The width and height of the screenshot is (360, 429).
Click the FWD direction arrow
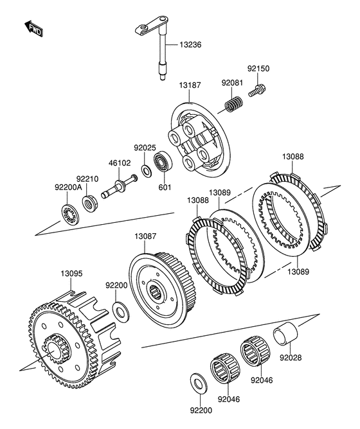(33, 28)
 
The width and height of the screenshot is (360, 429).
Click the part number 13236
(190, 44)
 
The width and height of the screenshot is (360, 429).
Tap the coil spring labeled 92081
(233, 104)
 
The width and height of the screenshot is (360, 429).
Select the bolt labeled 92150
(258, 91)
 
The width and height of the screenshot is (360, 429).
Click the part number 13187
(190, 85)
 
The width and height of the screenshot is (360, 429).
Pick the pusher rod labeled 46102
(119, 186)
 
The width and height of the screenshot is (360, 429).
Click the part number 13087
(145, 236)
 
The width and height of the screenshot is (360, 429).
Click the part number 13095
(71, 274)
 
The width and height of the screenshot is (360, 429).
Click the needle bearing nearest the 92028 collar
(255, 351)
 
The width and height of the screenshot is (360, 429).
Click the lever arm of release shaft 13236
(151, 26)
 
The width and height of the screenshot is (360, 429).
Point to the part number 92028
(291, 358)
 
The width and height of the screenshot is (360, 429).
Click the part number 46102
(120, 163)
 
